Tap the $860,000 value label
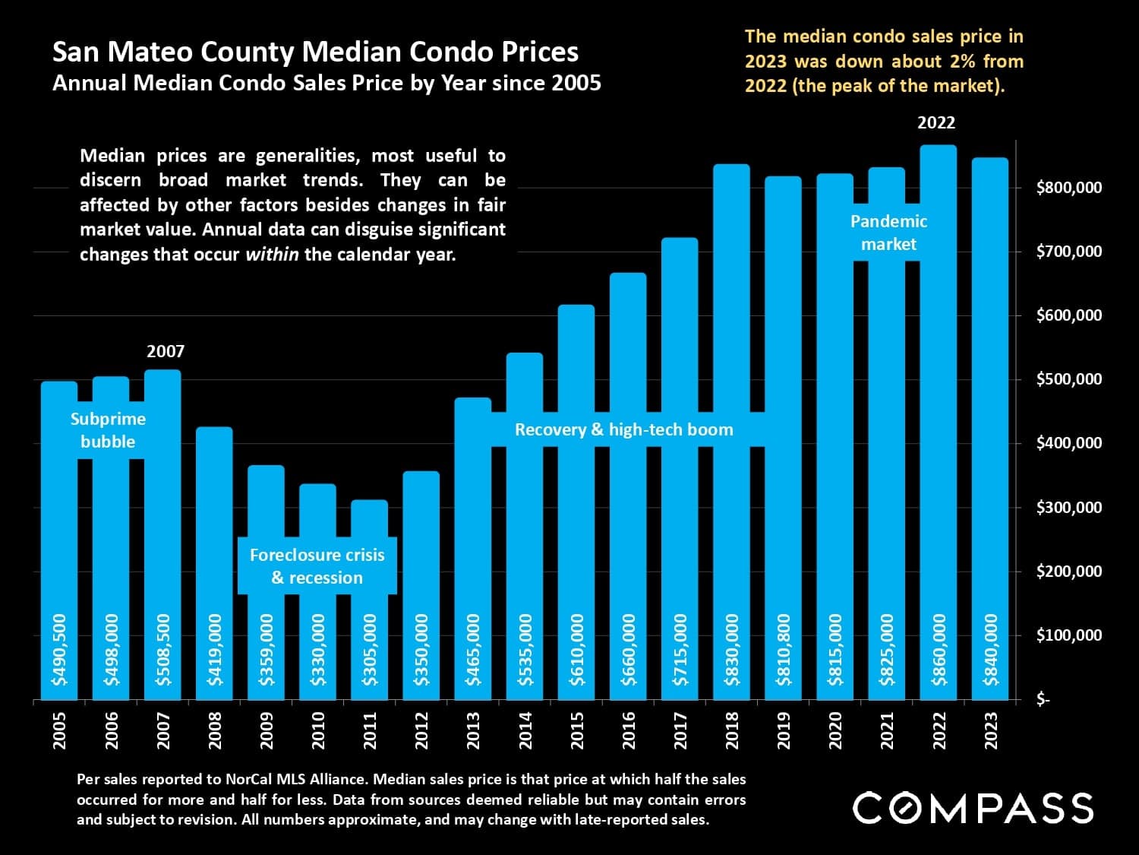(939, 650)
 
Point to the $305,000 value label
(370, 650)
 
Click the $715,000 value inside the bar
(680, 650)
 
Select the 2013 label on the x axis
(473, 730)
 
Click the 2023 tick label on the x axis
(991, 730)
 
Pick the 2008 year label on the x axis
(215, 730)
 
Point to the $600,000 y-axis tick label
(1068, 315)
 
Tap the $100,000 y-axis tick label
(1068, 635)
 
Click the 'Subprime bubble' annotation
(108, 430)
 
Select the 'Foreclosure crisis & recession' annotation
(317, 566)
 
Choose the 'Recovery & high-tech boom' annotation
(624, 430)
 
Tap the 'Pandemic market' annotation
(888, 233)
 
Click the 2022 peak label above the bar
(936, 123)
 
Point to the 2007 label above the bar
(166, 352)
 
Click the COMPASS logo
(973, 808)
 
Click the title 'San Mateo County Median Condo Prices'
(315, 52)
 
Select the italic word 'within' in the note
(272, 255)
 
